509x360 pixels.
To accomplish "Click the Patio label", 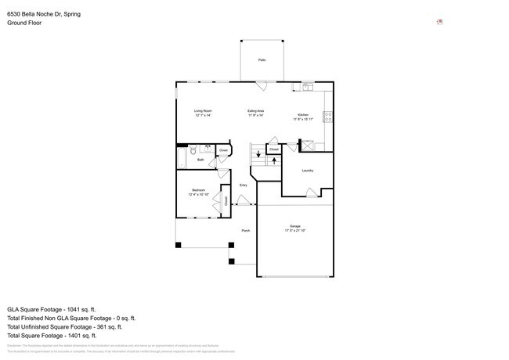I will (x=262, y=59).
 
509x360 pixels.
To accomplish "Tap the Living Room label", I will (x=204, y=111).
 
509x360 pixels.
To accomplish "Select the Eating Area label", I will (x=256, y=111).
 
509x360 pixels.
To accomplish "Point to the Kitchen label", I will (x=303, y=114).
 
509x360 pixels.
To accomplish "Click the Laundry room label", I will (x=307, y=171).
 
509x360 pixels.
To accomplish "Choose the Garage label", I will (x=294, y=226).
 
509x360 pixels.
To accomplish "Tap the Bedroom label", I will (x=198, y=190).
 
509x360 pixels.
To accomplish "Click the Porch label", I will (x=245, y=231).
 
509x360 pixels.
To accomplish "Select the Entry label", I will (x=244, y=185).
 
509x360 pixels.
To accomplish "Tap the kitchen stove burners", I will (x=328, y=117).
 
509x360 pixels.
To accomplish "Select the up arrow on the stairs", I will (x=273, y=160).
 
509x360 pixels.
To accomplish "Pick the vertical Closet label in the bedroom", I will (x=226, y=200).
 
